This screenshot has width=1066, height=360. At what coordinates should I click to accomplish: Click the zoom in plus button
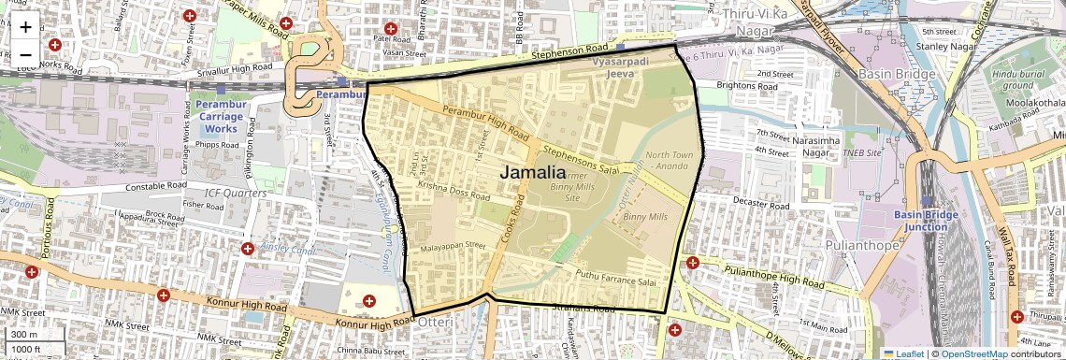click(x=25, y=27)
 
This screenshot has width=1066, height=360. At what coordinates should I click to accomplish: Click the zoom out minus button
click(x=25, y=54)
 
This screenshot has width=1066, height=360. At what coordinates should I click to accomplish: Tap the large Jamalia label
click(x=533, y=172)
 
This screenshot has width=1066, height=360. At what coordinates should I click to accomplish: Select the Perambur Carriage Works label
click(x=222, y=115)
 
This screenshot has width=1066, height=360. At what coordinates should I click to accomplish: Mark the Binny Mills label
click(x=645, y=216)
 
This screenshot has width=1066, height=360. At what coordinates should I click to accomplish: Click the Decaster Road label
click(x=738, y=201)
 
